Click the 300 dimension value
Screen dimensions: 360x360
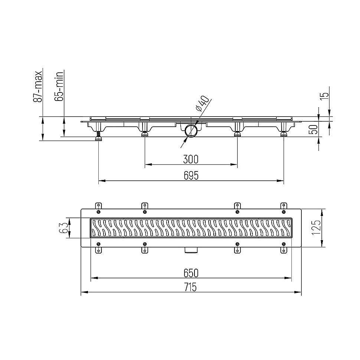click(x=191, y=160)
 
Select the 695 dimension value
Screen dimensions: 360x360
click(x=191, y=176)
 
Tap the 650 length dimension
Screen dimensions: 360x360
click(x=191, y=273)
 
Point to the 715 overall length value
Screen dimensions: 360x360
click(x=191, y=287)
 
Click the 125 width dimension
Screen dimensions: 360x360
click(x=317, y=228)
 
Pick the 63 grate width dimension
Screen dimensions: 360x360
click(x=64, y=228)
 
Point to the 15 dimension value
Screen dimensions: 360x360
click(x=325, y=95)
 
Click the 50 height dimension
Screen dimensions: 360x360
click(x=313, y=129)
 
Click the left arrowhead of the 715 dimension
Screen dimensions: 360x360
click(x=84, y=292)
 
